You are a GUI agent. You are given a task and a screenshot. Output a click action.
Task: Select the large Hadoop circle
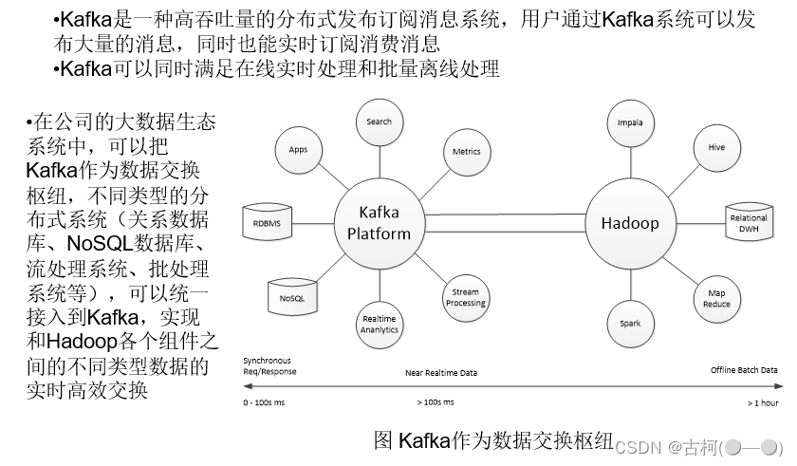coord(629,224)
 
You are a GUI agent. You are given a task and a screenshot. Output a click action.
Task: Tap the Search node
coord(379,122)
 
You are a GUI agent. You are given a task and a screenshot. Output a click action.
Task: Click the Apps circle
coord(298,150)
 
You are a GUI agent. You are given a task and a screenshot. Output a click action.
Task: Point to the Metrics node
coord(466,151)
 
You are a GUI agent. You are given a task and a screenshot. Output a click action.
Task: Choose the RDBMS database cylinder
coord(267,224)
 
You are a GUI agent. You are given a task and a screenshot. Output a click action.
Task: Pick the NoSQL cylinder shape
coord(290,296)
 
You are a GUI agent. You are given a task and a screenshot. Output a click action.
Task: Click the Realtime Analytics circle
coord(380,324)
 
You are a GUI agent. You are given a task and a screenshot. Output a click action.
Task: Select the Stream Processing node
coord(465,297)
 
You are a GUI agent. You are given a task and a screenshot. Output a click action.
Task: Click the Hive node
coord(716,148)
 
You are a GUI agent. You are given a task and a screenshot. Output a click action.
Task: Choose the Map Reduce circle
coord(716,299)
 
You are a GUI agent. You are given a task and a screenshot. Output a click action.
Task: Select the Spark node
coord(630,324)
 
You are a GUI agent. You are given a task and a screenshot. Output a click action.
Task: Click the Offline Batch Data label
coord(744,369)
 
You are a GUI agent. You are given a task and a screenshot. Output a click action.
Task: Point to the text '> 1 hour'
coord(762,402)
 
